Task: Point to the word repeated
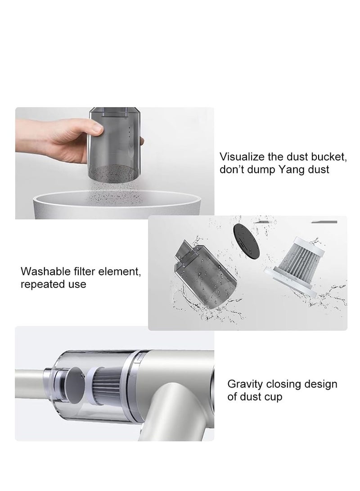click(39, 284)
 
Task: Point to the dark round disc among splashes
click(246, 242)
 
